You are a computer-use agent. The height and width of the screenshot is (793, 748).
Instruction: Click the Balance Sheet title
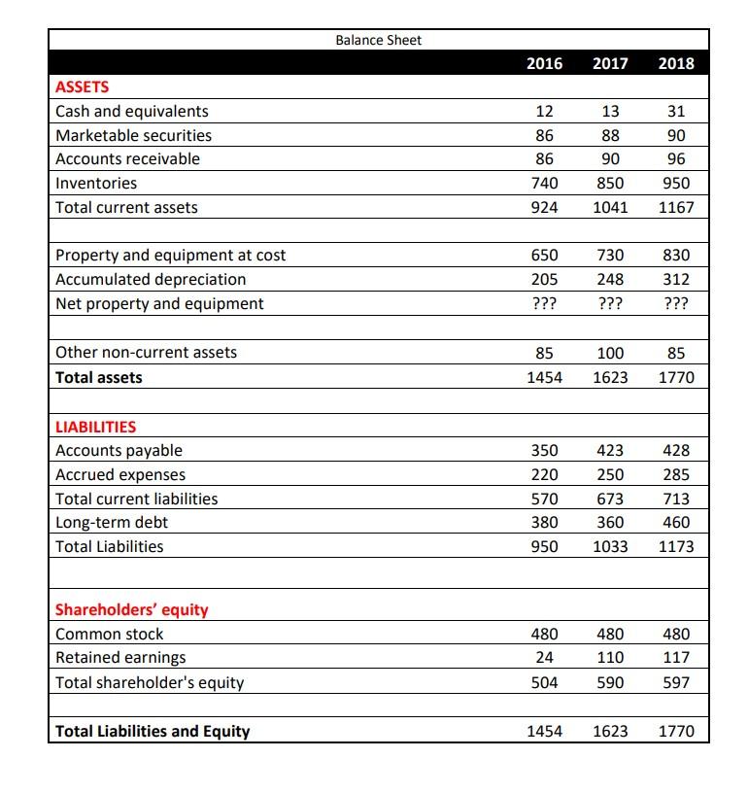point(378,40)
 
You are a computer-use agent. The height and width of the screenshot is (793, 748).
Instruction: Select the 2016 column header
point(544,63)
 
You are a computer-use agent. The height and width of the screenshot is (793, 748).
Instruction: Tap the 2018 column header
point(676,63)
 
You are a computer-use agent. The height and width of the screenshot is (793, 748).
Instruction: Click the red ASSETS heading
point(83,86)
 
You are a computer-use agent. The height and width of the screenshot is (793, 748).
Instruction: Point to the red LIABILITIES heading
point(96,426)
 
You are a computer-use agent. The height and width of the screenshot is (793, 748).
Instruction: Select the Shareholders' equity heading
point(132,610)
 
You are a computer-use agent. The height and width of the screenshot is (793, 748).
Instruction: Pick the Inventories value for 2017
point(610,183)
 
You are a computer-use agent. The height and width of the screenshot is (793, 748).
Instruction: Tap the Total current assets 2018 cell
point(676,207)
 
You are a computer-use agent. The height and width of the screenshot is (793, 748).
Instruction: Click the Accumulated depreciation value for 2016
point(544,279)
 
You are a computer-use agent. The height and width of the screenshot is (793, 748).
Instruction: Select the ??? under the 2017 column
point(610,303)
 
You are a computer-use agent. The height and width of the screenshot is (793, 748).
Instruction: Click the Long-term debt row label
point(112,522)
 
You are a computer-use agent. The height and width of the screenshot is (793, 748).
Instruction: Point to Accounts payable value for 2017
point(610,450)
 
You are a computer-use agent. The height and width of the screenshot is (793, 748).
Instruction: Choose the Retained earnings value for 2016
point(544,658)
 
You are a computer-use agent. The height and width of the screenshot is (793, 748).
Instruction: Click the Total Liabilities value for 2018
point(676,546)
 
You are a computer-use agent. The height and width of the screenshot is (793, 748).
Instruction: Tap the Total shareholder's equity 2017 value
point(610,682)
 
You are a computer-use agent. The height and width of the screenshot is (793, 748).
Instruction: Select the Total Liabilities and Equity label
point(153,731)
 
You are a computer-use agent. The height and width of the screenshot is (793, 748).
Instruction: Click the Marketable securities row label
point(133,135)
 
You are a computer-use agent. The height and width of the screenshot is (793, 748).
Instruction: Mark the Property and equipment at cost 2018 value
point(676,255)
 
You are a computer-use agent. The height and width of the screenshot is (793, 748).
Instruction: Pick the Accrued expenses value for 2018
point(676,474)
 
